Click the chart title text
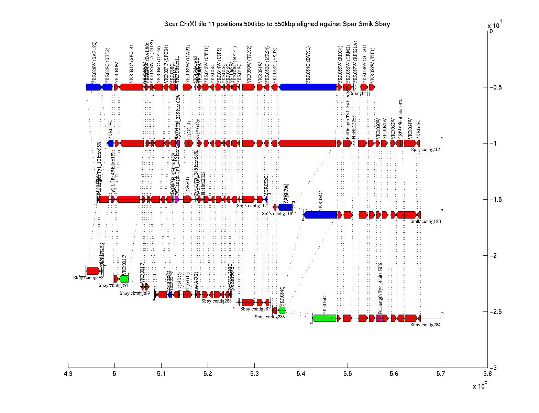[x=277, y=24]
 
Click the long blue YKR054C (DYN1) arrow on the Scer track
[x=308, y=87]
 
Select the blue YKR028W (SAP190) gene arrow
[x=93, y=87]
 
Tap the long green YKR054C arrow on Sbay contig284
[x=324, y=318]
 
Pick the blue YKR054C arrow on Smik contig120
[x=320, y=215]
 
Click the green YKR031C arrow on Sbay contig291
[x=124, y=278]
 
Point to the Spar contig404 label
[x=426, y=149]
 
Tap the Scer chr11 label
[x=361, y=93]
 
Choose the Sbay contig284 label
[x=425, y=324]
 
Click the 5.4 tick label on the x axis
[x=301, y=374]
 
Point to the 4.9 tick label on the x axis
[x=68, y=374]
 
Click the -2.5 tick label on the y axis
[x=495, y=312]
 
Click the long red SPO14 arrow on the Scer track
[x=131, y=87]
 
